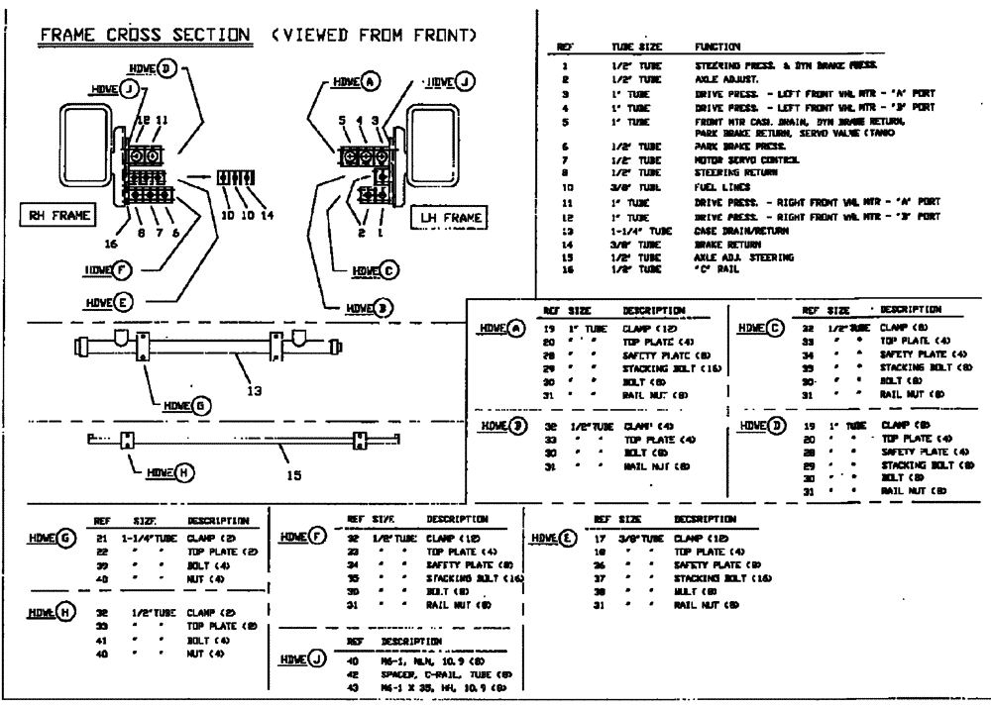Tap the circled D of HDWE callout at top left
click(167, 67)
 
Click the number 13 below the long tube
click(256, 390)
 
